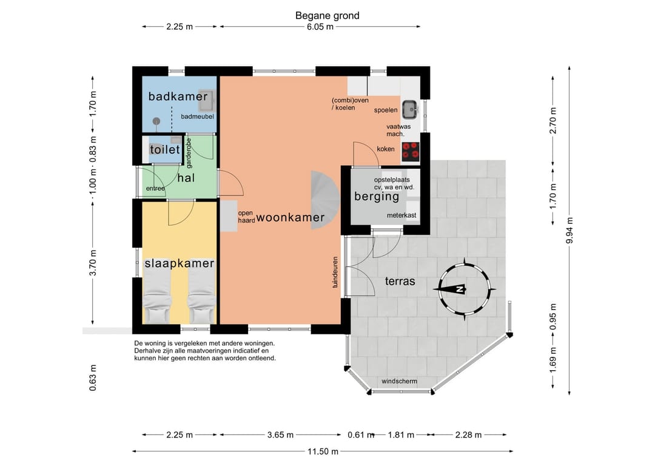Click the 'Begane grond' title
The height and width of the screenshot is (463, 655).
coord(327,15)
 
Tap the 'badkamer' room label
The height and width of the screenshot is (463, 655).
coord(178,96)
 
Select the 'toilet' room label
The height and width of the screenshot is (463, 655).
coord(165,149)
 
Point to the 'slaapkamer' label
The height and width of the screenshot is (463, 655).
coord(179,263)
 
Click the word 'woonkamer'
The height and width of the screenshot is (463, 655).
coord(291,217)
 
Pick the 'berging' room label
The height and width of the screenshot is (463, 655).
coord(377,197)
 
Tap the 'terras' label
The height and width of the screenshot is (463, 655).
coord(400,281)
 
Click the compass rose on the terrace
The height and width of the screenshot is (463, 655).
coord(464,289)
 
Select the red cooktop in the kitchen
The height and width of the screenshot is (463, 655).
coord(411,152)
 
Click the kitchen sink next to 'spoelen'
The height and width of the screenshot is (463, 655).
coord(410,110)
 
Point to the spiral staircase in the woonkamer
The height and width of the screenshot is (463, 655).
coord(326,200)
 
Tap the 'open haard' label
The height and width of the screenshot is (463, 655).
coord(246,217)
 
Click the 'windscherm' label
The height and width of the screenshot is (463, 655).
coord(399,381)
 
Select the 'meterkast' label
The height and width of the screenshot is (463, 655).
coord(401,215)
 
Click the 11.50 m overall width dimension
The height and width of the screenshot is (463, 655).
coord(323,451)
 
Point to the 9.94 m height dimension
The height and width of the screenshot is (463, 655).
coord(569,230)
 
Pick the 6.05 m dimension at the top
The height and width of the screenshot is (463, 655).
coord(320,27)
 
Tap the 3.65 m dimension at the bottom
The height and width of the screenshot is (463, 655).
coord(280,435)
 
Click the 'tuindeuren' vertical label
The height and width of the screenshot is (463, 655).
coord(335,272)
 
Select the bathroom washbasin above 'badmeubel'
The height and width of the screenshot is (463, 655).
coord(206,100)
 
